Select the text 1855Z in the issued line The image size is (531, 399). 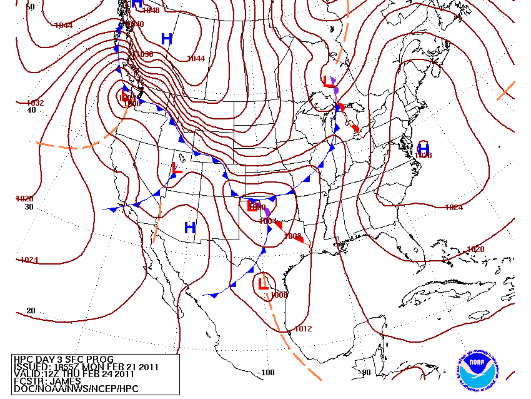pyautogui.click(x=63, y=366)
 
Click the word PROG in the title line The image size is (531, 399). pyautogui.click(x=92, y=359)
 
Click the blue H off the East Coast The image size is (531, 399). pyautogui.click(x=424, y=148)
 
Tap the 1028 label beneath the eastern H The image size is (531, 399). pyautogui.click(x=424, y=156)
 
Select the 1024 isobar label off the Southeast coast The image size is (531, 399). pyautogui.click(x=454, y=208)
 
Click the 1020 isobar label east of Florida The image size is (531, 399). pyautogui.click(x=475, y=250)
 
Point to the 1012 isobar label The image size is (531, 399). pyautogui.click(x=303, y=329)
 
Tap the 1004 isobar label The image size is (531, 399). pyautogui.click(x=267, y=221)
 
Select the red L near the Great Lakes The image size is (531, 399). pyautogui.click(x=327, y=81)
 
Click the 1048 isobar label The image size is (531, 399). pyautogui.click(x=151, y=10)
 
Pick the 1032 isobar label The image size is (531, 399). pyautogui.click(x=36, y=103)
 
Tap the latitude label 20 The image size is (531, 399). pyautogui.click(x=31, y=311)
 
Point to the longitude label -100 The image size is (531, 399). pyautogui.click(x=266, y=373)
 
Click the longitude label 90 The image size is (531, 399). pyautogui.click(x=366, y=373)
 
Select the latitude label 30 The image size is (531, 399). pyautogui.click(x=29, y=207)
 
